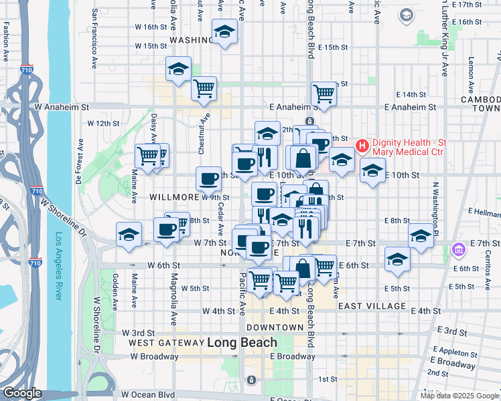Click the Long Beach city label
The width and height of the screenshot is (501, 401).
[242, 342]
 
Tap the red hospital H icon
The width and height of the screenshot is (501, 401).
[362, 145]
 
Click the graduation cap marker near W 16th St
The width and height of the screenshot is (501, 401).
[225, 31]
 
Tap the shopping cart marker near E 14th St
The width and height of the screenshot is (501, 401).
[324, 94]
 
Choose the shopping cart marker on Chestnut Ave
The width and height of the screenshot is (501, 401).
[204, 88]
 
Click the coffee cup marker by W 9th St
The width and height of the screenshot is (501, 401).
[208, 178]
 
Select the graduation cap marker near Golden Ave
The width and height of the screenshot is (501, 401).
[129, 235]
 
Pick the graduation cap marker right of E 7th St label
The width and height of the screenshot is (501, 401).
[421, 236]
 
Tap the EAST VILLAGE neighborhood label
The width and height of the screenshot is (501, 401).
[372, 306]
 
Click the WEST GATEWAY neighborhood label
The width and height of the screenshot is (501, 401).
[165, 343]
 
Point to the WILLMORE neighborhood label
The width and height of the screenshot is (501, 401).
[174, 198]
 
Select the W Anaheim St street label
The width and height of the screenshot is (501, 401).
[62, 107]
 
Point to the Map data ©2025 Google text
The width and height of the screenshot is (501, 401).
[459, 396]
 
